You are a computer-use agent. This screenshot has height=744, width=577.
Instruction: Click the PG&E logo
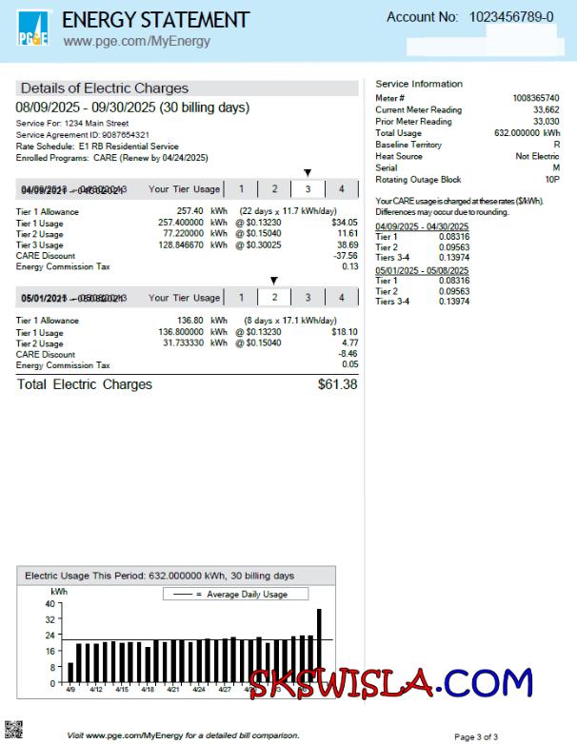pos(33,30)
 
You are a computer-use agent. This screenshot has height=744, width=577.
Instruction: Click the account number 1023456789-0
pos(510,17)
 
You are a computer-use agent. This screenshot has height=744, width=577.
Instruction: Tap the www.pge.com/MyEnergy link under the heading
pos(136,42)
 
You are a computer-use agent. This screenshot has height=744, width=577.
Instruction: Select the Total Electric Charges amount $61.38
pos(337,384)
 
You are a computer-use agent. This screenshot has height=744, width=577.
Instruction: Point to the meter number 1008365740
pos(535,98)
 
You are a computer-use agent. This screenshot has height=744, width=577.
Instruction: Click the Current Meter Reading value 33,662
pos(546,110)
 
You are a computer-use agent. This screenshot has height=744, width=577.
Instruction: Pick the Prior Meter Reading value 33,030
pos(546,122)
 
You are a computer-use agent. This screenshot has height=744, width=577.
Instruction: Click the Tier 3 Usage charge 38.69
pos(348,245)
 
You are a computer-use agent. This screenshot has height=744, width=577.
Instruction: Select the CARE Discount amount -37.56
pos(346,256)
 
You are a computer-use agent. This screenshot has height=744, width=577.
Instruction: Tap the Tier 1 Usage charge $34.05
pos(344,222)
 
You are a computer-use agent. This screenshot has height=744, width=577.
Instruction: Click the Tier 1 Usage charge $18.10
pos(344,332)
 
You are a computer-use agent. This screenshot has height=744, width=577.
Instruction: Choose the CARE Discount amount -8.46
pos(348,354)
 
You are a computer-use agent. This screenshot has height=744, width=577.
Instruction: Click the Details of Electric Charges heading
pos(105,88)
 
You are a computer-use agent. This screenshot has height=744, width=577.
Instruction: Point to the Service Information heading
pos(419,84)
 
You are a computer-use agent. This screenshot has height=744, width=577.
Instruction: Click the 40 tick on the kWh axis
pos(50,604)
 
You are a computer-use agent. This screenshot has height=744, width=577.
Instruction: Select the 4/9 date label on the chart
pos(70,689)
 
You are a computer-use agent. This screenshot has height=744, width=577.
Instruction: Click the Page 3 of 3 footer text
pos(476,736)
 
